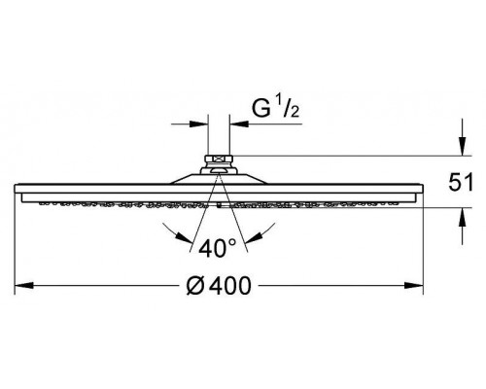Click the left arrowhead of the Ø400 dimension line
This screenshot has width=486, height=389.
[26, 287]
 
